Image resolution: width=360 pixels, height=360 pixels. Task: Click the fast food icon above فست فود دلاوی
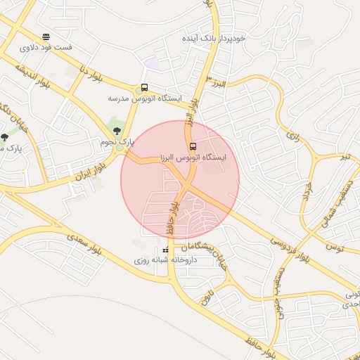pos(46,37)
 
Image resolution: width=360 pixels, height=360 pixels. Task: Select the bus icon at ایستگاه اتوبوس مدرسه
pos(144,88)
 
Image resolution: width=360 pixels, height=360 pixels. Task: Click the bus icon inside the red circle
pos(193,146)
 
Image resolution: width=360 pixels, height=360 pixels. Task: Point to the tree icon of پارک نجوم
pos(117,131)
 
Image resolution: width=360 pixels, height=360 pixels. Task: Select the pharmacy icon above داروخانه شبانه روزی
pos(166,250)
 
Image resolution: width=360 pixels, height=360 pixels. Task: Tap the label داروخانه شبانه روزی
pos(166,260)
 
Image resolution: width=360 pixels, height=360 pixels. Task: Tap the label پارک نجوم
pos(117,142)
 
